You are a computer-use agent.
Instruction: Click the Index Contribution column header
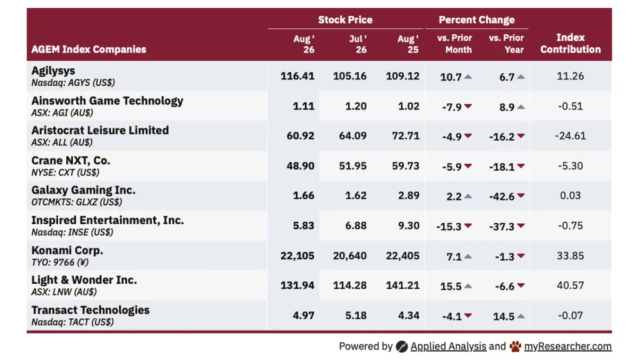(570, 43)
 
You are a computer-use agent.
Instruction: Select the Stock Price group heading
(345, 19)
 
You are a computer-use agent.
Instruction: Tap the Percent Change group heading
(476, 19)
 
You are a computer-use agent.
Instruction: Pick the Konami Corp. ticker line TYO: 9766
(60, 262)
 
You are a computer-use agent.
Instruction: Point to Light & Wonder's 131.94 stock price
(297, 285)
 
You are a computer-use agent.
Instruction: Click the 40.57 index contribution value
(570, 285)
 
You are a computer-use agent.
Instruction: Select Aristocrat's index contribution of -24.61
(570, 136)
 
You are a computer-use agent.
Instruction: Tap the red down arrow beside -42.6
(521, 196)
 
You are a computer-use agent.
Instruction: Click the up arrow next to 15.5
(468, 286)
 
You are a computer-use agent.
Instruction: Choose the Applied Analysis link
(448, 346)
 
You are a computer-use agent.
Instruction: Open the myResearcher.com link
(567, 346)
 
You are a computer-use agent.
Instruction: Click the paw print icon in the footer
(516, 346)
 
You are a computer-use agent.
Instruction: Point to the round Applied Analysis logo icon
(402, 346)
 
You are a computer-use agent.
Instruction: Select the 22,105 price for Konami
(297, 256)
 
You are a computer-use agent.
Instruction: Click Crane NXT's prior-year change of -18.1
(502, 166)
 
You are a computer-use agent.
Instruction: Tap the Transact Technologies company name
(91, 310)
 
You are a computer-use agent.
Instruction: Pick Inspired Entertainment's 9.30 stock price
(409, 226)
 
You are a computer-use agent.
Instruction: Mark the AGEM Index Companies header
(89, 49)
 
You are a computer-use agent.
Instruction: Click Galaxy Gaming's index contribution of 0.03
(570, 196)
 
